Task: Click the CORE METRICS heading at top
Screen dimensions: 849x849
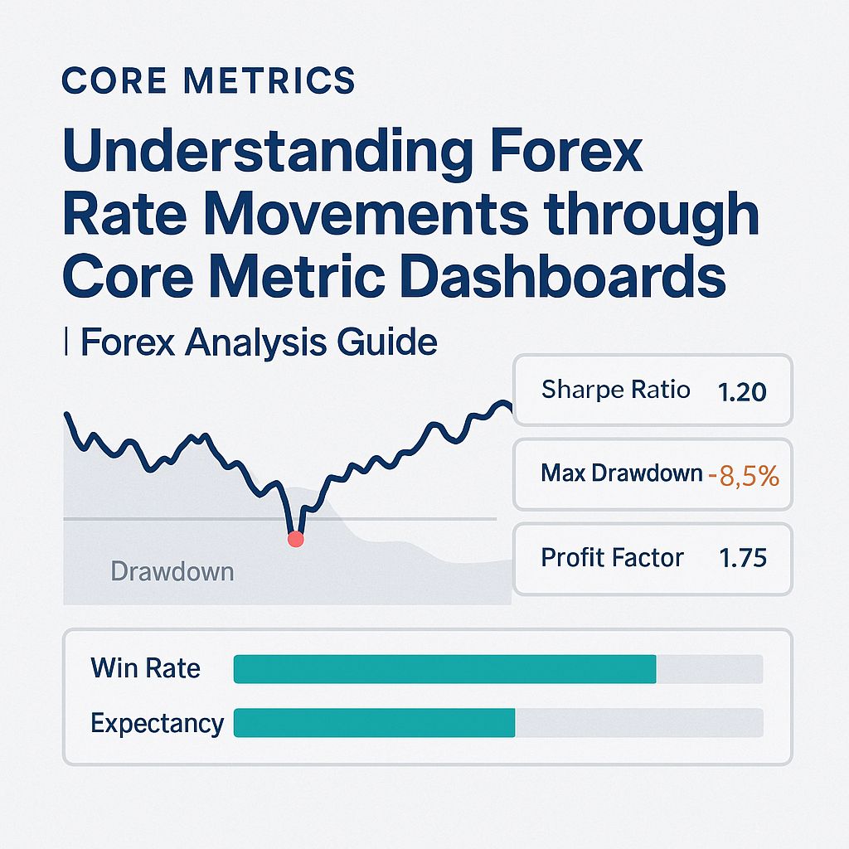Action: click(x=208, y=81)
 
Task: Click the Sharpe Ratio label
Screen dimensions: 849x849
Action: click(x=615, y=390)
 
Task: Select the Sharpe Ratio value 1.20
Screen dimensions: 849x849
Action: click(x=741, y=391)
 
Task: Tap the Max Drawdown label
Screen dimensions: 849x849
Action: click(x=621, y=473)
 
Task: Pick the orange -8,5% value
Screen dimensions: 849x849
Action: click(x=744, y=475)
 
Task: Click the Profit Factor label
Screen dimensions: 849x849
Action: click(x=612, y=558)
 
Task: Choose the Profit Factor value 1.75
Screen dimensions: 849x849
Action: click(x=743, y=558)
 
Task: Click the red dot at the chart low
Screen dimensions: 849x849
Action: click(x=295, y=540)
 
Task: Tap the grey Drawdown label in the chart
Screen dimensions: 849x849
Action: click(x=172, y=571)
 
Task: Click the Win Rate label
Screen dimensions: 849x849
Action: click(x=145, y=668)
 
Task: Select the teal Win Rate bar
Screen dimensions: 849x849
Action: click(x=444, y=669)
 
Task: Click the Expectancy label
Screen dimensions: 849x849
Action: click(x=157, y=723)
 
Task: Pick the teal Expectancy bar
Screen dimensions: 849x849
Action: click(x=374, y=723)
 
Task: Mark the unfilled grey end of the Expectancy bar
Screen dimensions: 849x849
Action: click(x=638, y=723)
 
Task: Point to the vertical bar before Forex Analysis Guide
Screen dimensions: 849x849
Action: click(x=66, y=342)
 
